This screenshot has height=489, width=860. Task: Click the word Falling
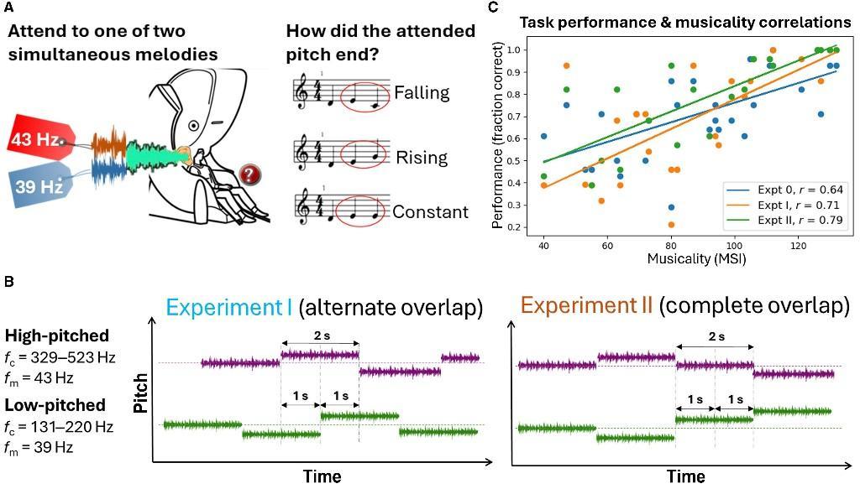click(x=422, y=92)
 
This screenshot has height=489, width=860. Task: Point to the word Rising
click(x=421, y=157)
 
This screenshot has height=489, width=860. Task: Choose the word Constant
click(x=430, y=211)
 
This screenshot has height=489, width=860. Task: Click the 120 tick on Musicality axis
click(x=798, y=244)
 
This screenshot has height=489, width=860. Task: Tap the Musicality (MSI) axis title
click(x=696, y=258)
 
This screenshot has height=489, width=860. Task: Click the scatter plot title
click(x=684, y=23)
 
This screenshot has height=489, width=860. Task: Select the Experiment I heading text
click(x=229, y=307)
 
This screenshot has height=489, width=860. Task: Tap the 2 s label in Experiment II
click(x=715, y=337)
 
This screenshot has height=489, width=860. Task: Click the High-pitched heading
click(x=57, y=336)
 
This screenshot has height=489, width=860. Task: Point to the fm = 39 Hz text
click(x=50, y=447)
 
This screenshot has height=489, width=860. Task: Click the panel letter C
click(x=493, y=7)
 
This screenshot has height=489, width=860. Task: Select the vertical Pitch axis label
click(x=142, y=395)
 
